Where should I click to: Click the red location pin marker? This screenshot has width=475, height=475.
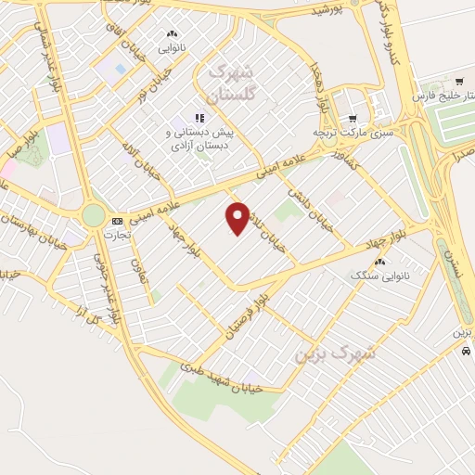238,218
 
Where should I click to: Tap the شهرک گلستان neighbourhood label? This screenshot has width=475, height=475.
234,81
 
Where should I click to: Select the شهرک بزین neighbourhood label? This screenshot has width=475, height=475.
334,353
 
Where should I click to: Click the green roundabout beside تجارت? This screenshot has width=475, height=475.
94,215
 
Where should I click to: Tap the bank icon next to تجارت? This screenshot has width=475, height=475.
117,221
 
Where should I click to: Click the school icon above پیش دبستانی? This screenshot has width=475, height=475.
199,118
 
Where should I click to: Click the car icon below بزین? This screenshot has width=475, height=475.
464,352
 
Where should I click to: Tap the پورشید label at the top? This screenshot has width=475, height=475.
325,11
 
